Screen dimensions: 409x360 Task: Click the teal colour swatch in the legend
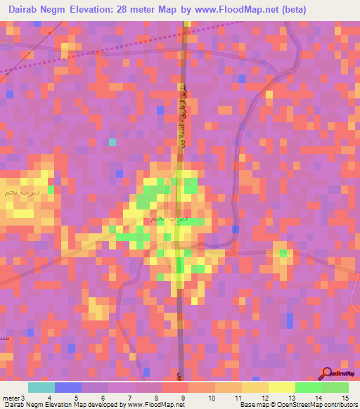(41, 387)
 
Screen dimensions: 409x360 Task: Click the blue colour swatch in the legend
(68, 387)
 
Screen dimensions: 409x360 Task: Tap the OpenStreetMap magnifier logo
(326, 374)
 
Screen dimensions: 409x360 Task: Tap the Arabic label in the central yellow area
(172, 219)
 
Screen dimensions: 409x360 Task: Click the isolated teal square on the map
(112, 142)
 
